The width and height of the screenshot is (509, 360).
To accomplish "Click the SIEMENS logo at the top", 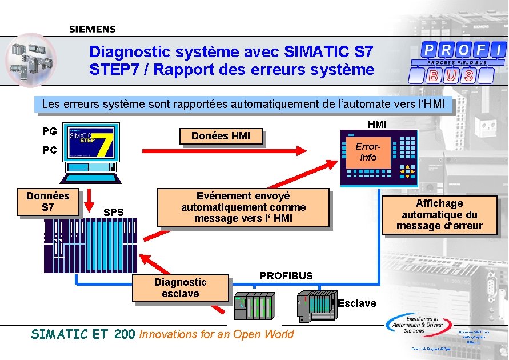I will (93, 29).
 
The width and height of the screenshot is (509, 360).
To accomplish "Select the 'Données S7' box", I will (48, 202).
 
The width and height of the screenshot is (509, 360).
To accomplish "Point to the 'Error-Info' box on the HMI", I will (368, 151).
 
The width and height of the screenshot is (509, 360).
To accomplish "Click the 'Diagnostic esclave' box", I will (181, 288).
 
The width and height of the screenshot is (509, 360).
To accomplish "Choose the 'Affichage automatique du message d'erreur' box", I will (439, 215).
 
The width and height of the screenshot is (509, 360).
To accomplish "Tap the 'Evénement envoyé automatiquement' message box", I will (243, 207).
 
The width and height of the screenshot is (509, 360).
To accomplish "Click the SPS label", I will (114, 213).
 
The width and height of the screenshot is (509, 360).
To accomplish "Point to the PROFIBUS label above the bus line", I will (286, 276).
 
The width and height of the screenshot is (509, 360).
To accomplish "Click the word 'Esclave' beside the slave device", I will (357, 303).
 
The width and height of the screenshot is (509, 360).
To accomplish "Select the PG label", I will (50, 131).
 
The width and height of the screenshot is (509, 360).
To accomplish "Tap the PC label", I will (50, 151).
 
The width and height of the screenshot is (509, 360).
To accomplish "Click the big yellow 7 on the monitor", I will (102, 143).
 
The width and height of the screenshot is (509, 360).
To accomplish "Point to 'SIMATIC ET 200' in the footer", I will (83, 334).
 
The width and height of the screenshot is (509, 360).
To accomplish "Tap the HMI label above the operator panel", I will (377, 124).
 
